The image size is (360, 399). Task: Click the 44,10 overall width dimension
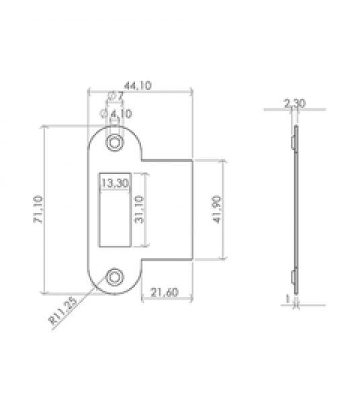point(140,86)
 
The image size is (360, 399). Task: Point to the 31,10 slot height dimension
point(139,210)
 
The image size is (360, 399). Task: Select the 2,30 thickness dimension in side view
point(294,103)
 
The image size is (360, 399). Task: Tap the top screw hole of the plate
point(116,142)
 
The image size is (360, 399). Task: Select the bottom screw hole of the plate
point(116,276)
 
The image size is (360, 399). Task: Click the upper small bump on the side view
point(292,142)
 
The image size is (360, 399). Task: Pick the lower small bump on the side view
point(292,277)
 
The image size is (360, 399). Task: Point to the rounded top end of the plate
point(116,132)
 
